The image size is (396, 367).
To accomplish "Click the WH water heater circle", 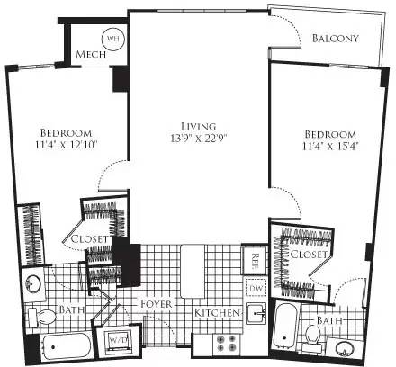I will point(113,39).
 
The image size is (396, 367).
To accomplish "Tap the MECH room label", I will point(91,54).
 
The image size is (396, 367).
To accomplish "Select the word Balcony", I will point(336,38).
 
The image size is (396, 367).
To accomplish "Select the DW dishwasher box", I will point(255,287).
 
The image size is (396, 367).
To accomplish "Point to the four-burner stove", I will point(224,343).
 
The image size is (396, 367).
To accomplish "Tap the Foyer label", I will point(157,304).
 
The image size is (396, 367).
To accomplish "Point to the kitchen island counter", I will point(191,270).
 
